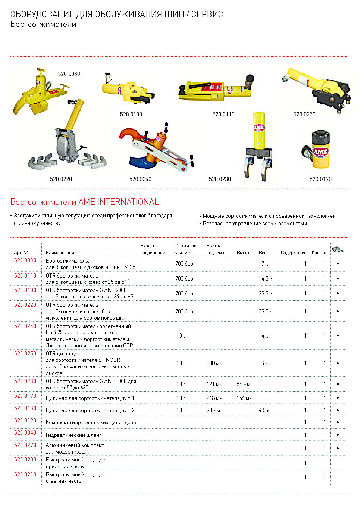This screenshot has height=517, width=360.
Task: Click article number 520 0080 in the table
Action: pyautogui.click(x=25, y=260)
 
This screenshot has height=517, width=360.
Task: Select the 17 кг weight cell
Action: pyautogui.click(x=264, y=264)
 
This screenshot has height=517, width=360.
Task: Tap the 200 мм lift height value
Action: pyautogui.click(x=215, y=363)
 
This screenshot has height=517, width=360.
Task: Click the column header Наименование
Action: pyautogui.click(x=61, y=253)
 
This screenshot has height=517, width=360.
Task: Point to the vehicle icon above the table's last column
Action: pyautogui.click(x=337, y=249)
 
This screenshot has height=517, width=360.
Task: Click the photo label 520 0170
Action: pyautogui.click(x=320, y=179)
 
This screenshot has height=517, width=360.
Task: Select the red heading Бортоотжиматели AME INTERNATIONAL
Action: pyautogui.click(x=85, y=202)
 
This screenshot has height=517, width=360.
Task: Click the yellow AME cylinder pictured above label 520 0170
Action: pyautogui.click(x=320, y=150)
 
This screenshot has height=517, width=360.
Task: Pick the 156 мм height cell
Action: pyautogui.click(x=244, y=398)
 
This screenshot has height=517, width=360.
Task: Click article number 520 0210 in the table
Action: pyautogui.click(x=25, y=474)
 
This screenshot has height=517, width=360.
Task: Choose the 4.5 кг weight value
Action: pyautogui.click(x=265, y=410)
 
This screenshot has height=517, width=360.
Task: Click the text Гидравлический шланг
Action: pyautogui.click(x=73, y=435)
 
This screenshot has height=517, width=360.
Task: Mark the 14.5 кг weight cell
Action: pyautogui.click(x=266, y=279)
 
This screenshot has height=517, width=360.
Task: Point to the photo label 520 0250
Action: pyautogui.click(x=304, y=115)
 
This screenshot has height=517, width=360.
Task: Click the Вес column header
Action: pyautogui.click(x=263, y=253)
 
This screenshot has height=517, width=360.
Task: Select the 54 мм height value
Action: pyautogui.click(x=243, y=384)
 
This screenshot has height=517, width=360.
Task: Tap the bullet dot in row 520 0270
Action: pyautogui.click(x=338, y=448)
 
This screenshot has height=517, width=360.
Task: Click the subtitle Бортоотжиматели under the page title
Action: pyautogui.click(x=43, y=24)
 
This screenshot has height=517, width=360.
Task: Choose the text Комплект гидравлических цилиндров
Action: pyautogui.click(x=91, y=423)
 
